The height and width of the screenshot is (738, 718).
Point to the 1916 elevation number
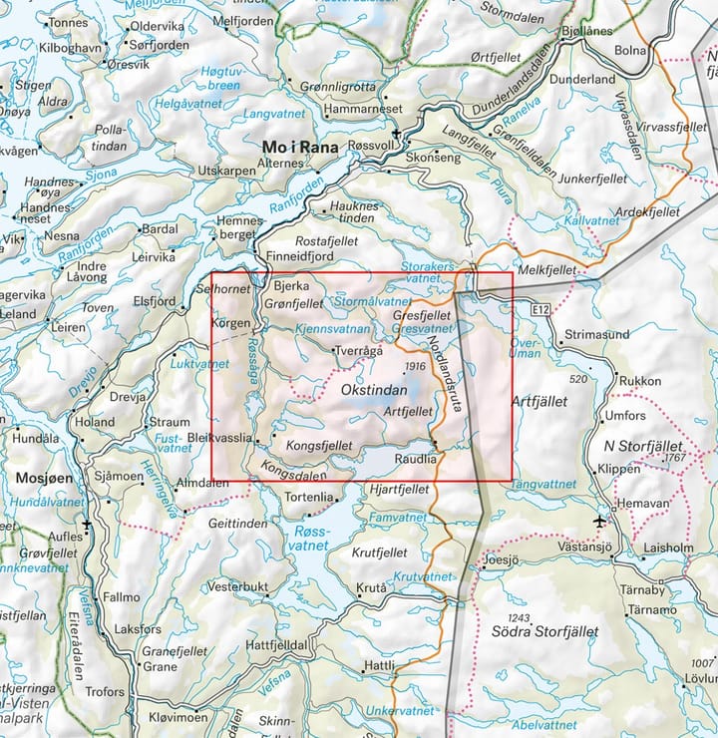416,367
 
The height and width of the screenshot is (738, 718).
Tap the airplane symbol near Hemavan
599,521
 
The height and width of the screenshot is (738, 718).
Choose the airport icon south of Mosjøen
87,523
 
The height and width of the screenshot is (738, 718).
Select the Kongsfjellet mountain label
319,445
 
